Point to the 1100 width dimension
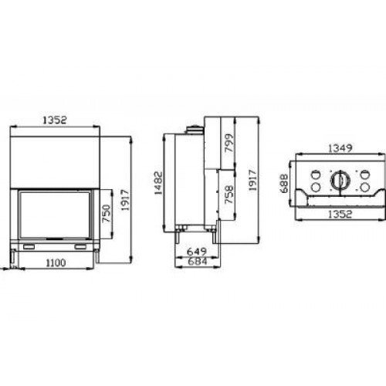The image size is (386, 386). click(53, 265)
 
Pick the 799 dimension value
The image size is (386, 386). click(229, 145)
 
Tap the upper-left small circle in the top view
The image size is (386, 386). click(316, 173)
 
